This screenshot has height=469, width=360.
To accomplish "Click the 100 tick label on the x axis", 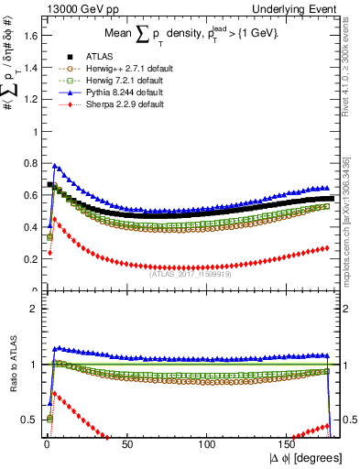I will [208, 443].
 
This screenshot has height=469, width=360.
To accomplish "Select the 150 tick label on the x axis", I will [289, 443].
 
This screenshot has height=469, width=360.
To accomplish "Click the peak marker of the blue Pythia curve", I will [54, 166].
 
